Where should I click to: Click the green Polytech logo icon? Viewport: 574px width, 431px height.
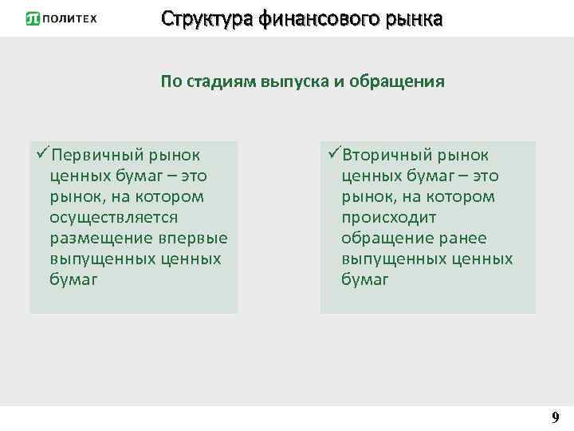(x=33, y=18)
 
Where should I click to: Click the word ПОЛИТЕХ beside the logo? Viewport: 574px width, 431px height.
(x=69, y=19)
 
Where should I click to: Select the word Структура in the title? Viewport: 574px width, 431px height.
(x=206, y=18)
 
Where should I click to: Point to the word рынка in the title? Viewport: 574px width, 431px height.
(x=414, y=18)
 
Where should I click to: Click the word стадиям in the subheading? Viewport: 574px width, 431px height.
(x=219, y=81)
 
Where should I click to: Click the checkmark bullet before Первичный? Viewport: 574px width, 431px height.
(x=41, y=152)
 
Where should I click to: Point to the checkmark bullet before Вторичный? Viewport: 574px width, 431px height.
(x=333, y=152)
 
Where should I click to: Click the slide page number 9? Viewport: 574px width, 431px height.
(x=555, y=417)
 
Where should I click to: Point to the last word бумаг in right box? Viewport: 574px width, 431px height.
(x=365, y=279)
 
